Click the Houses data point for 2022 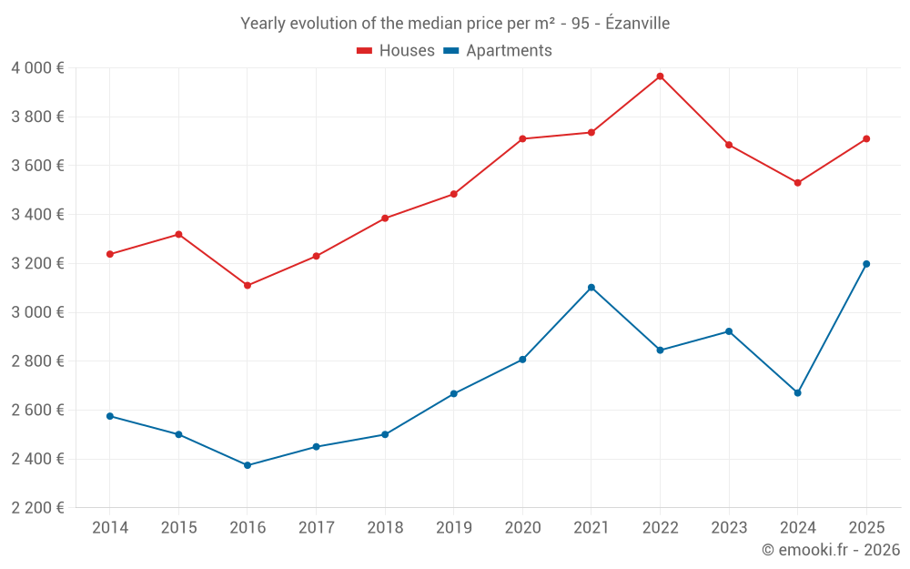tap(660, 76)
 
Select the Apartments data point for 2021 tap(591, 288)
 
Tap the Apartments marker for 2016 tap(248, 465)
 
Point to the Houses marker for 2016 tap(248, 286)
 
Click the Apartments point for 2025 tap(866, 264)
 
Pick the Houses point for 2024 tap(798, 183)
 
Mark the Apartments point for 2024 tap(798, 393)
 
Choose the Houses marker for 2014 tap(110, 254)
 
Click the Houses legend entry tap(396, 51)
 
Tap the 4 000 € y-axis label tap(37, 68)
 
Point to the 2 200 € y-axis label tap(37, 508)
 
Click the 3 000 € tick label tap(37, 312)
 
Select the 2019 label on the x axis tap(454, 528)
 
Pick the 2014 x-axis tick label tap(110, 528)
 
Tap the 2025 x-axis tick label tap(866, 528)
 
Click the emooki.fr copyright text tap(831, 550)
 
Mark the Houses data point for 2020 tap(522, 139)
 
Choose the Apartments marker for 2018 tap(385, 434)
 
